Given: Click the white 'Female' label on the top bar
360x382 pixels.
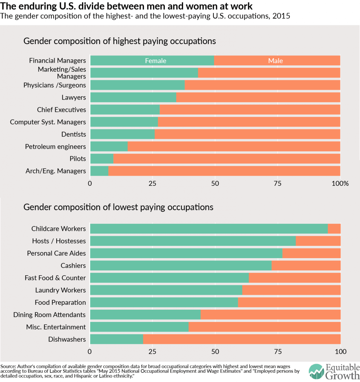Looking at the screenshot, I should pos(156,60).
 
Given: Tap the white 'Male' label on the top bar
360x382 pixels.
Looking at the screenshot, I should pos(275,60).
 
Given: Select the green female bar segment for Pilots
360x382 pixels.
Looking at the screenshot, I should pos(101,159).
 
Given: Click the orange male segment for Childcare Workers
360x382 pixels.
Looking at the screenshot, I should pos(334,229).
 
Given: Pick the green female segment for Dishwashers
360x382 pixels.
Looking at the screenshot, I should pos(116,339).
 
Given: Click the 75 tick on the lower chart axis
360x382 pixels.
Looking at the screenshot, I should pos(278,351).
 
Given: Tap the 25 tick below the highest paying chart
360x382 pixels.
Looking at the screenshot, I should pos(152,184).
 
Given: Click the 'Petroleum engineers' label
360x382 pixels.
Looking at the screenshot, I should pos(55,146).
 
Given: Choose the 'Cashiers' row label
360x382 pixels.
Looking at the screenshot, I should pos(73,266).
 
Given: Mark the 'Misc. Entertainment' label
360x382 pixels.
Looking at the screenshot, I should pos(56,327).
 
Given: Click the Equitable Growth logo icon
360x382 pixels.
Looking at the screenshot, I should pos(316,371).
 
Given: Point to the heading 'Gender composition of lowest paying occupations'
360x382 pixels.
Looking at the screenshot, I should pos(118,207).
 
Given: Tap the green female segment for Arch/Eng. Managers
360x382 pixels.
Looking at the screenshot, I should pos(99,171).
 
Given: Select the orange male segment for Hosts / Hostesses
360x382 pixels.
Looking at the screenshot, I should pos(318,241).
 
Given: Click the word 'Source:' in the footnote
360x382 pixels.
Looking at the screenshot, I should pos(8,366).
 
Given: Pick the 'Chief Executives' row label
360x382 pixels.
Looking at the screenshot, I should pos(61,110).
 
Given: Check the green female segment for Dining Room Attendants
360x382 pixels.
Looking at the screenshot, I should pos(145,314).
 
